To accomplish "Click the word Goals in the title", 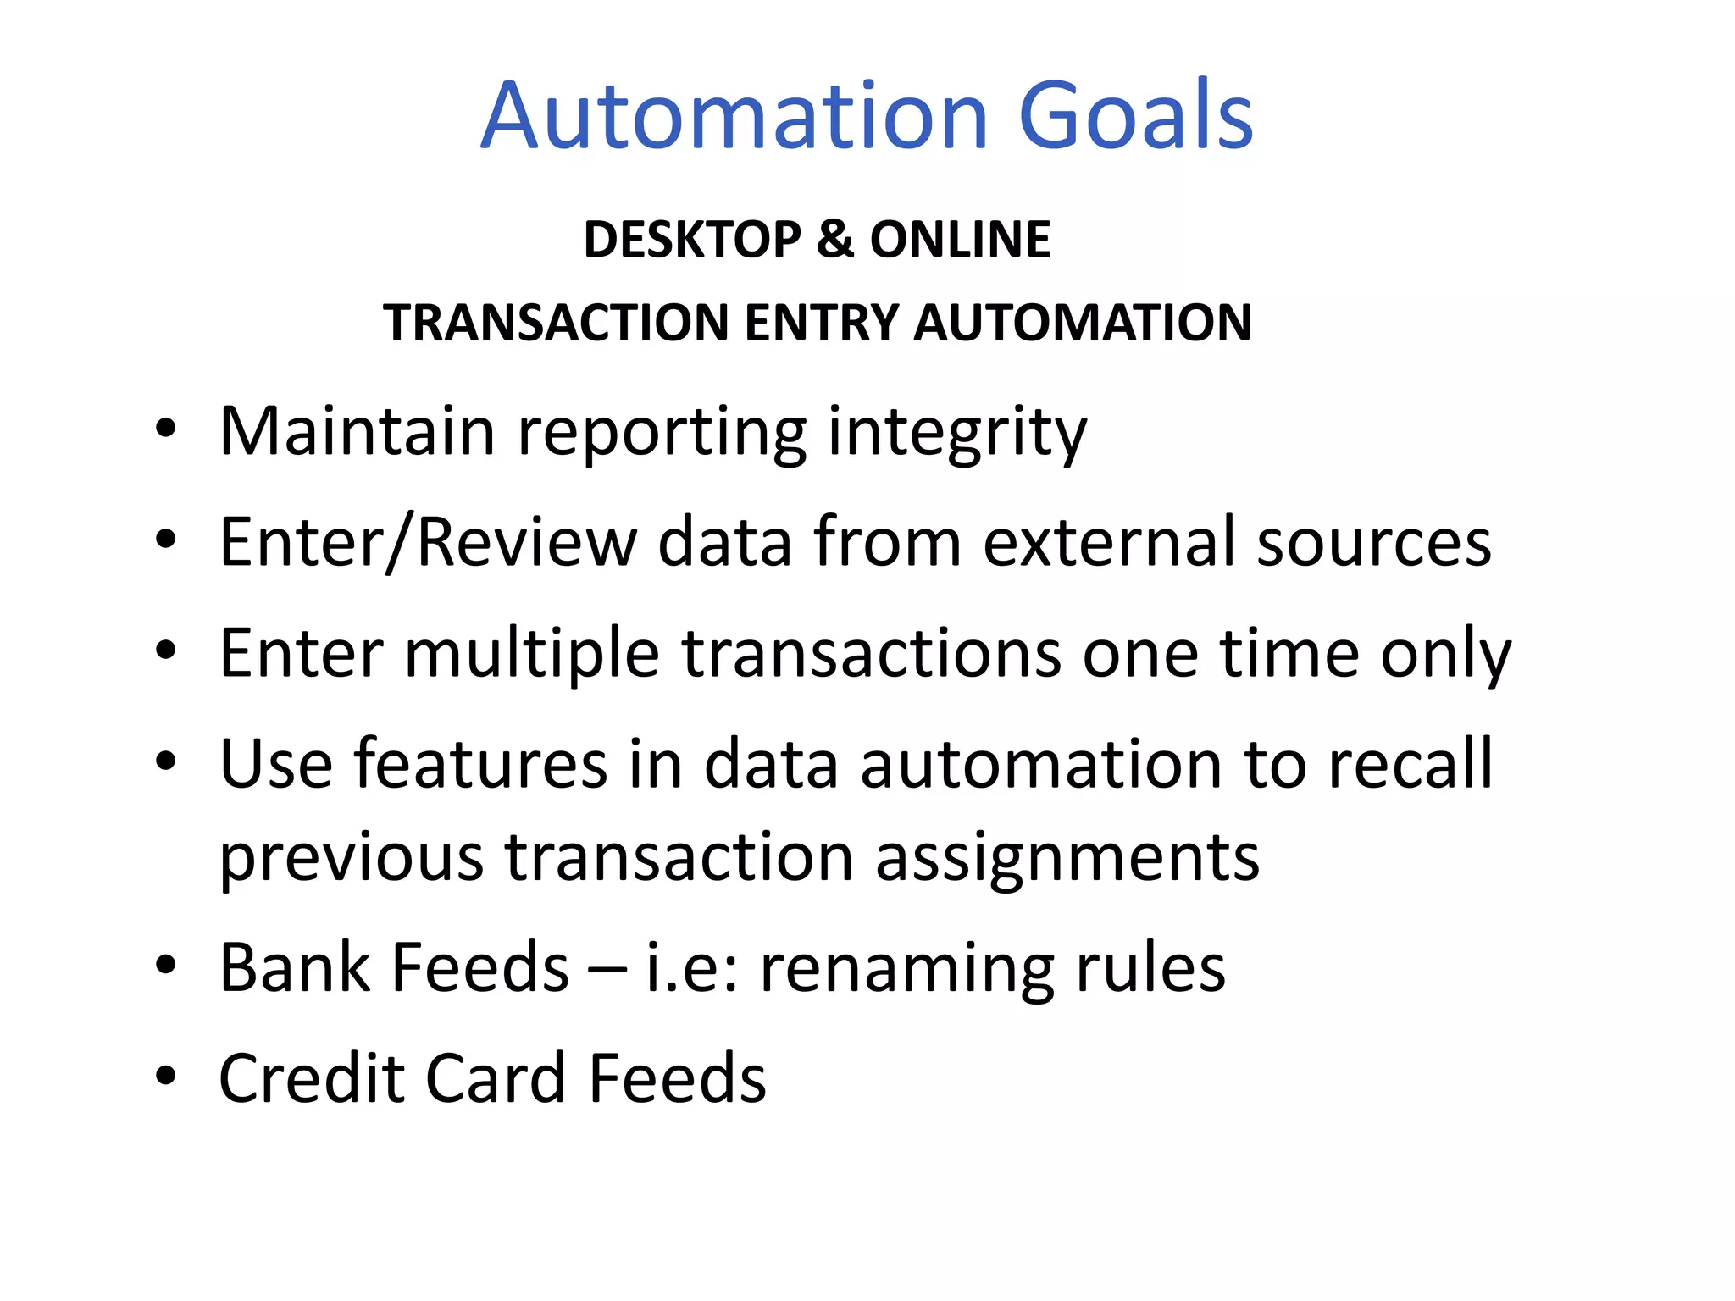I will click(x=1135, y=116).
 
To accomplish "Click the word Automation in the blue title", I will click(x=734, y=116).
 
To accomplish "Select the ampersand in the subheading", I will click(x=835, y=239).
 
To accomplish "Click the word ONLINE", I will click(x=960, y=239).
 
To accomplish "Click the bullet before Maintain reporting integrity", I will click(x=166, y=428).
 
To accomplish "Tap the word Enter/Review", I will click(x=428, y=542).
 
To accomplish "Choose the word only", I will click(x=1445, y=654).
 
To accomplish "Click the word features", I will click(x=480, y=764).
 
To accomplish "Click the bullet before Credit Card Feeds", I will click(x=166, y=1075).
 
